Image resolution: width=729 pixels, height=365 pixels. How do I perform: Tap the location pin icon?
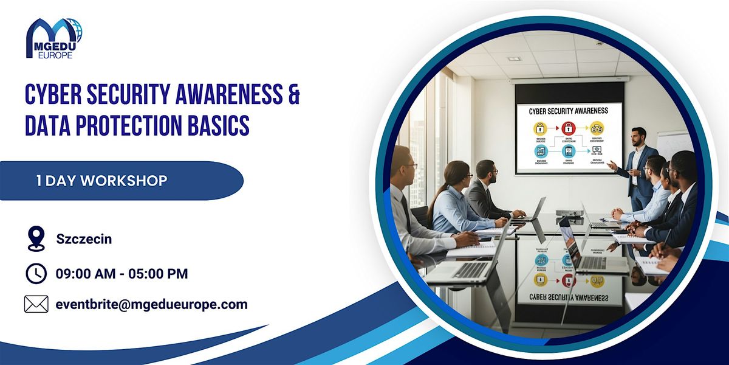36,239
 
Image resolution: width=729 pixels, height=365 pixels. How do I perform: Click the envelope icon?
36,304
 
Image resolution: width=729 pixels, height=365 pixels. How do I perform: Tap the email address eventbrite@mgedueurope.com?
151,304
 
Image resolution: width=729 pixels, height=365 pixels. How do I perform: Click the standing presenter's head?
638,136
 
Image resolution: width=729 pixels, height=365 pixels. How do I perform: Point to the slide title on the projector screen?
569,111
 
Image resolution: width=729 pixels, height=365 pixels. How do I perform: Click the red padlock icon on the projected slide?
568,128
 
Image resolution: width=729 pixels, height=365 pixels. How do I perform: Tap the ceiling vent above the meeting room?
515,58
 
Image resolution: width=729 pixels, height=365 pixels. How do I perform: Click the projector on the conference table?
569,214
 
